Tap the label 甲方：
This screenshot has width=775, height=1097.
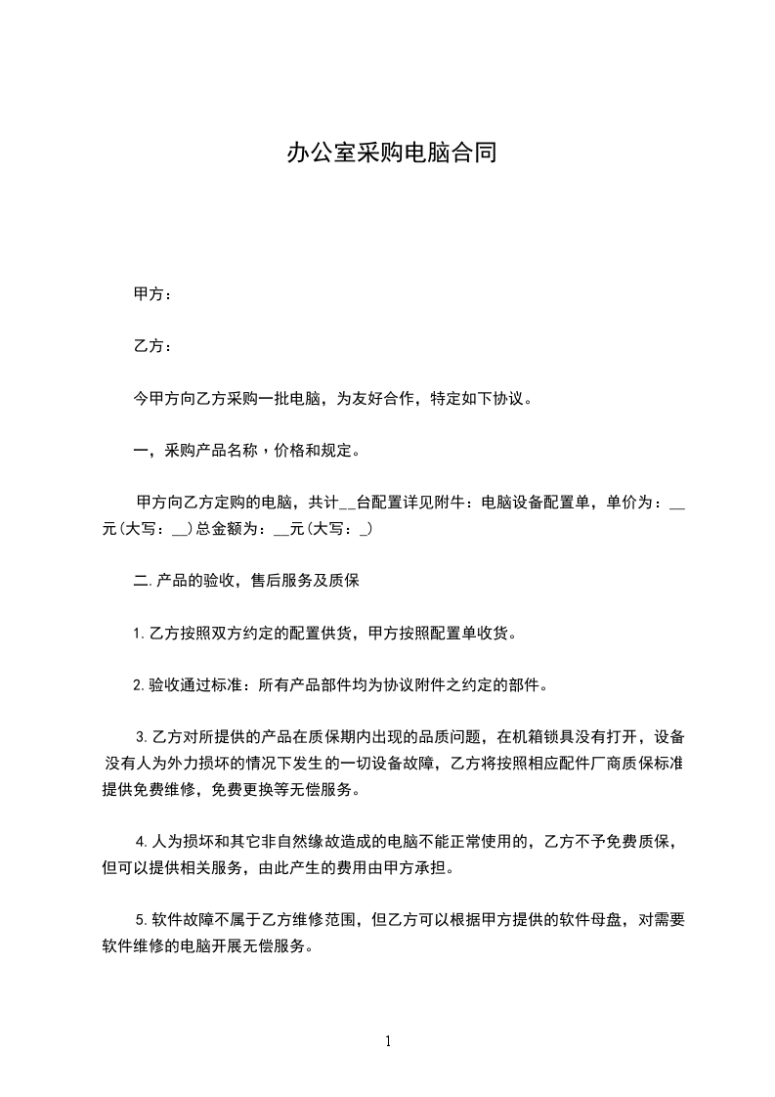click(x=152, y=294)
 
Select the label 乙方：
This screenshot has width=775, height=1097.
click(x=152, y=346)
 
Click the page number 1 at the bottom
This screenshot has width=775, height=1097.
click(x=388, y=1041)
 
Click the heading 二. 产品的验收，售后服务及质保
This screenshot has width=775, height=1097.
click(x=247, y=581)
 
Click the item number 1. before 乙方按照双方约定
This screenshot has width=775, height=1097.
click(x=139, y=634)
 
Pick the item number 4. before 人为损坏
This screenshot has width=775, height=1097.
click(x=142, y=841)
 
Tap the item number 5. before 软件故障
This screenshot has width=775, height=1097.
click(x=142, y=920)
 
